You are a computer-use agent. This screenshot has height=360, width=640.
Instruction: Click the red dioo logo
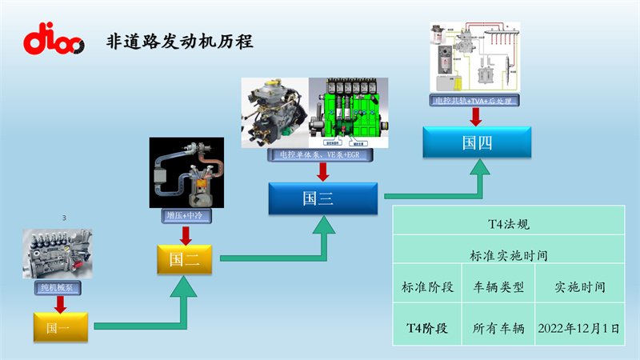[54, 39]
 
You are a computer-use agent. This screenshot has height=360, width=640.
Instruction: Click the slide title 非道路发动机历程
[180, 42]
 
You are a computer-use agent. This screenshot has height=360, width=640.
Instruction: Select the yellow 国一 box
[58, 326]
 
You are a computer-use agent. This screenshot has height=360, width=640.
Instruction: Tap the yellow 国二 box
[184, 258]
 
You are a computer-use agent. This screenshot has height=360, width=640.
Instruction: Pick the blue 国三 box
[322, 198]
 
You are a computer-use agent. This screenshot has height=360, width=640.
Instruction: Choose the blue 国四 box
[476, 142]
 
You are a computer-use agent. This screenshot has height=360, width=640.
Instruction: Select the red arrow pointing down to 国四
[475, 117]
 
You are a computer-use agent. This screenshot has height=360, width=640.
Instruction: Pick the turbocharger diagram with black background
[184, 173]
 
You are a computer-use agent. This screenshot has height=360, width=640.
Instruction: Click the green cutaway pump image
[349, 113]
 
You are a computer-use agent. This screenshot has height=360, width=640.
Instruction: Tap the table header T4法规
[508, 226]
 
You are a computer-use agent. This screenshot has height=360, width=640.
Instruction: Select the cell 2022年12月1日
[579, 328]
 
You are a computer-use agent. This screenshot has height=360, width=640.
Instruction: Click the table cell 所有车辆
[498, 328]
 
